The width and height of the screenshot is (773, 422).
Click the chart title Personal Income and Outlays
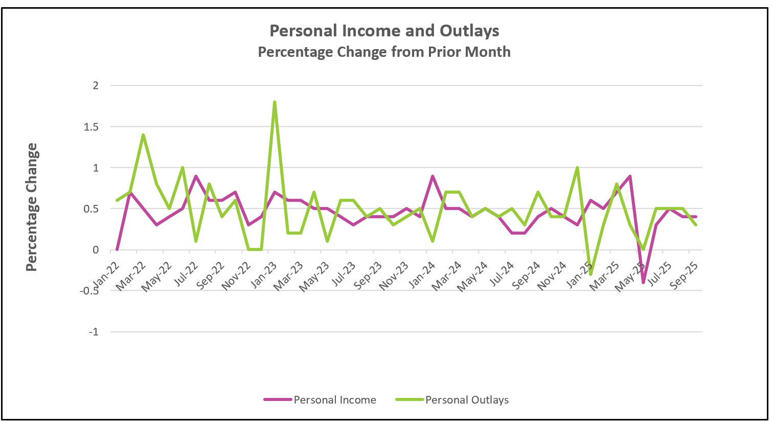(x=384, y=31)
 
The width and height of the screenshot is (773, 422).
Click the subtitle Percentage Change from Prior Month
(x=384, y=52)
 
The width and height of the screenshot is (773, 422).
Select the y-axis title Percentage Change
(x=32, y=207)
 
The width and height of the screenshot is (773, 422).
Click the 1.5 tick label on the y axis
(x=91, y=126)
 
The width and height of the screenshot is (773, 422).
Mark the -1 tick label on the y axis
(x=93, y=332)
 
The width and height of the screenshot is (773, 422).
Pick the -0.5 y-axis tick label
(x=89, y=291)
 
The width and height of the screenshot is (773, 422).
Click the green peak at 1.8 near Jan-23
(x=275, y=102)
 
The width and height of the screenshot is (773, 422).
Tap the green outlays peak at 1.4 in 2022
(x=143, y=135)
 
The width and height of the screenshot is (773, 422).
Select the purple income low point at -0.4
(x=643, y=283)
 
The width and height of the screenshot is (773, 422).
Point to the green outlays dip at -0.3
(x=590, y=275)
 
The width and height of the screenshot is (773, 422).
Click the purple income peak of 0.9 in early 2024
(x=433, y=176)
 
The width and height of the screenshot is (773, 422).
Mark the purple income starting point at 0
(x=117, y=250)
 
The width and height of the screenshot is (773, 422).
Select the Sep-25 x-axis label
(x=685, y=277)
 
